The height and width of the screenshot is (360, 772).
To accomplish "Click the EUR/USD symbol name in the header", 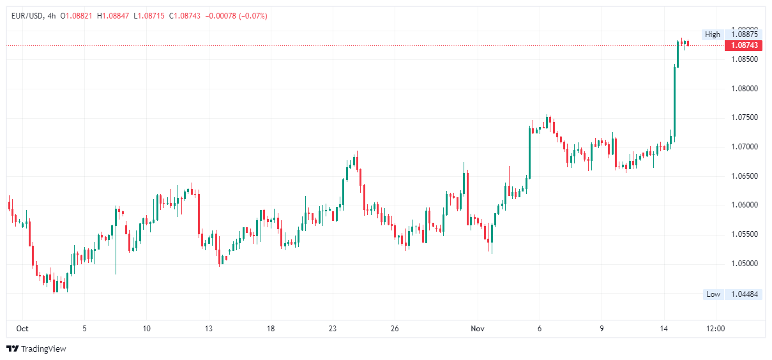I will (27, 16).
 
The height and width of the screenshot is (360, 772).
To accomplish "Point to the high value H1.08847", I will (114, 16).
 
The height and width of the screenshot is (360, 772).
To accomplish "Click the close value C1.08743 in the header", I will (186, 16).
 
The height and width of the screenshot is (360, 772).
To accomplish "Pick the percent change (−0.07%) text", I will (252, 16).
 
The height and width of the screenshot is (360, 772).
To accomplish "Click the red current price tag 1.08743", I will (744, 45).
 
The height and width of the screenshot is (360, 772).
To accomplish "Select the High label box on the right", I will (713, 34).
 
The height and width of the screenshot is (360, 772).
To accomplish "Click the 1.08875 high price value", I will (744, 34).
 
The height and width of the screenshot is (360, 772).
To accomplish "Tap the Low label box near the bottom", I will (713, 294).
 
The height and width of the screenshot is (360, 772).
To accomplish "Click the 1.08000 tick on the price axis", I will (744, 89).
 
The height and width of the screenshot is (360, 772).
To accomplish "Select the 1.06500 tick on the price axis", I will (744, 176).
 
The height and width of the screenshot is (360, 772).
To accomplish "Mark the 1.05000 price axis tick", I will (744, 264).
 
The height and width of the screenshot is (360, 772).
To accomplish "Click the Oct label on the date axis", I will (22, 329).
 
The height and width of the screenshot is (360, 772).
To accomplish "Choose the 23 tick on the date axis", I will (333, 329).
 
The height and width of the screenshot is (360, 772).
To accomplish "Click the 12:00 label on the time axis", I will (716, 329).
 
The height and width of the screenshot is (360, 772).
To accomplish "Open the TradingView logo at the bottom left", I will (36, 349).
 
